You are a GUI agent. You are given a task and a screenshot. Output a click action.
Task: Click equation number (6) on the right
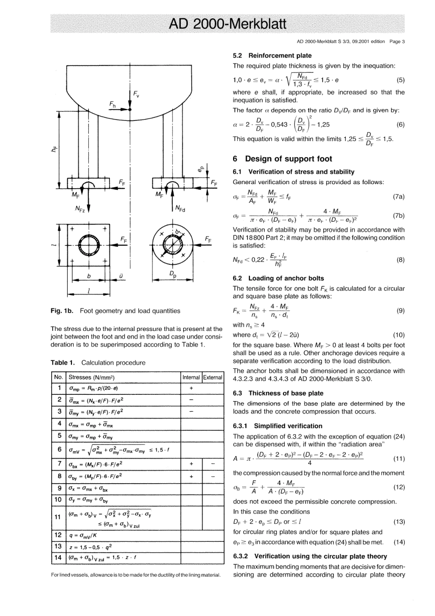(x=400, y=125)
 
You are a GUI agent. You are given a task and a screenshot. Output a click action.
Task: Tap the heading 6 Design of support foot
(x=283, y=159)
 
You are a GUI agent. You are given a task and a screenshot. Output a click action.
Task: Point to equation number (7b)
(x=398, y=215)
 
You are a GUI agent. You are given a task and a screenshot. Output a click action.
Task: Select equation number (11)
(x=399, y=458)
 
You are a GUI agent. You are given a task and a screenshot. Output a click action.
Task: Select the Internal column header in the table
(x=191, y=377)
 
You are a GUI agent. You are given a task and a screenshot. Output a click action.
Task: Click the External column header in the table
(x=212, y=377)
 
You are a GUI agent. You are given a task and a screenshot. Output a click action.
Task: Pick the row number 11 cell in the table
(x=58, y=517)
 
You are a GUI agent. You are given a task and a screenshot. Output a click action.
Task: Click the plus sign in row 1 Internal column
(x=191, y=388)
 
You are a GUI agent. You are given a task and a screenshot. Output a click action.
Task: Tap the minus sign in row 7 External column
(x=212, y=464)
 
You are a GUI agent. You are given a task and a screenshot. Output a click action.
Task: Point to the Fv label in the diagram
(x=136, y=94)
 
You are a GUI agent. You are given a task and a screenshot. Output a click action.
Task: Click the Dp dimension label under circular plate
(x=173, y=275)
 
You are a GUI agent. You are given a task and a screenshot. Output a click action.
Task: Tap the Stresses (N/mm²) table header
(x=91, y=377)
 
